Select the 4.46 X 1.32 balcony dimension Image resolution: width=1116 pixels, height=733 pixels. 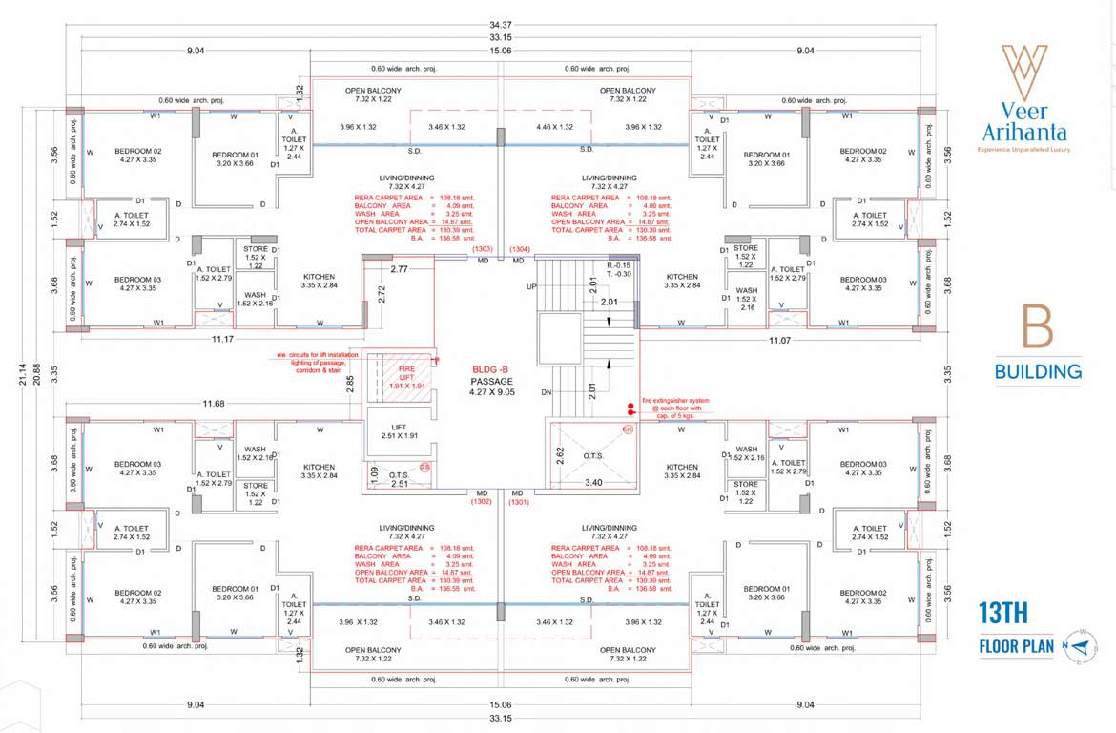pos(554,127)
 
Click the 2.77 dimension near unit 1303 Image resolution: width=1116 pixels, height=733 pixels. pos(399,270)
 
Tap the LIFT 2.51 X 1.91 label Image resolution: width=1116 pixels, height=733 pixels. pos(400,431)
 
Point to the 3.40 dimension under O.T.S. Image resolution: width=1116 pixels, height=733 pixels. pos(592,483)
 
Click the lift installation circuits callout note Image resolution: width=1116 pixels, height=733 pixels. pos(319,362)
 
